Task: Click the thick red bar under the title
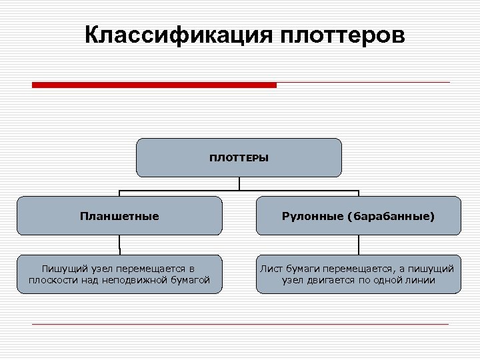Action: pyautogui.click(x=154, y=85)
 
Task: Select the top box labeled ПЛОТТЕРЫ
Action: pyautogui.click(x=239, y=157)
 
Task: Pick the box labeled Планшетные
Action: pyautogui.click(x=119, y=216)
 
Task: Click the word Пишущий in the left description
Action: pyautogui.click(x=61, y=268)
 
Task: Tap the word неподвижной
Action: pyautogui.click(x=141, y=280)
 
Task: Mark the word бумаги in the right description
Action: pyautogui.click(x=303, y=268)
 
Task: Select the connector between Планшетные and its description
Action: pyautogui.click(x=119, y=245)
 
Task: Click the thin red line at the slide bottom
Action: pyautogui.click(x=240, y=324)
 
